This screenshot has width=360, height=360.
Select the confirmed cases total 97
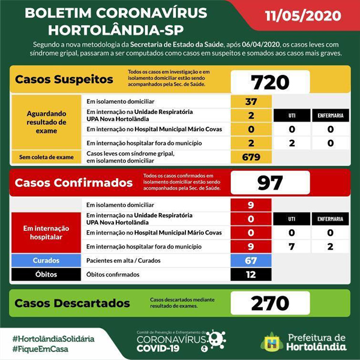click(270, 183)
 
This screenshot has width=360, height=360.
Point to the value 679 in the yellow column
click(251, 158)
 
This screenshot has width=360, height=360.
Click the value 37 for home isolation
click(251, 101)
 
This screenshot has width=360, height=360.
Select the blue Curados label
click(46, 261)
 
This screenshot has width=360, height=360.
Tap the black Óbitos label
click(46, 275)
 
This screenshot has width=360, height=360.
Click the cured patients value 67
click(251, 261)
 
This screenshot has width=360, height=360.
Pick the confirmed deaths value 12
click(251, 275)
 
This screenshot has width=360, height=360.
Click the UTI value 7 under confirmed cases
click(290, 247)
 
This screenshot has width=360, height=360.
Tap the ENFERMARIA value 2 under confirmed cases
click(331, 247)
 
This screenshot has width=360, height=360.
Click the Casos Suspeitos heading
click(55, 80)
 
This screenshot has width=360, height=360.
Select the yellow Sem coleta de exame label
click(46, 158)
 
